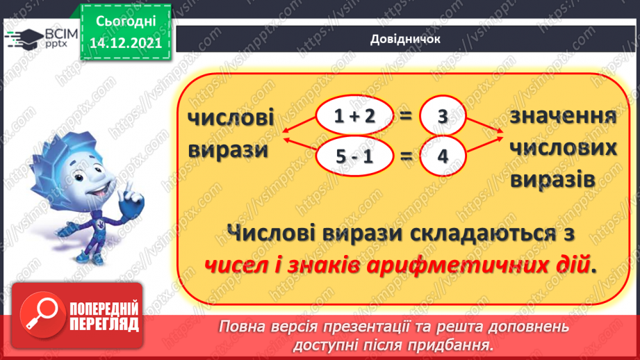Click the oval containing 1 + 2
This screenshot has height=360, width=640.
point(354,117)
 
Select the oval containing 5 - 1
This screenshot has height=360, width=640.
point(354,156)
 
